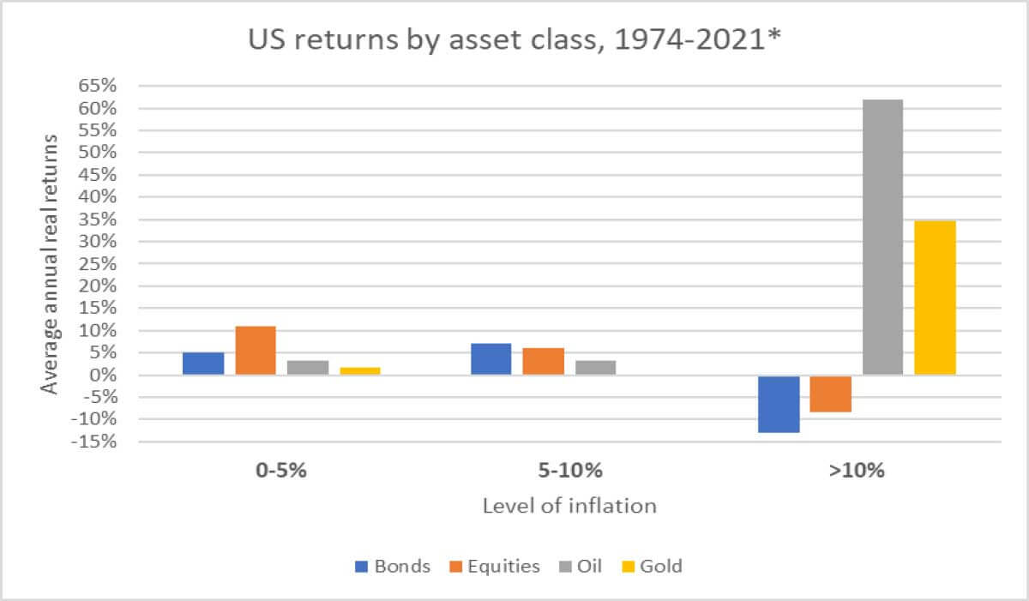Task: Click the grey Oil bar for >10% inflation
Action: pyautogui.click(x=882, y=237)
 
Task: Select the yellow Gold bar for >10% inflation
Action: pyautogui.click(x=935, y=297)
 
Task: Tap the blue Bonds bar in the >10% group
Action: pyautogui.click(x=779, y=404)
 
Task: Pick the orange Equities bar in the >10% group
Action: pyautogui.click(x=830, y=394)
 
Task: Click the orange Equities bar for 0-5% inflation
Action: pyautogui.click(x=256, y=351)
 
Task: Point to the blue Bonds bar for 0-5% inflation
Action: pyautogui.click(x=203, y=364)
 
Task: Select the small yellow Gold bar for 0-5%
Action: pyautogui.click(x=360, y=370)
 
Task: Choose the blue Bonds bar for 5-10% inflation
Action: pyautogui.click(x=491, y=359)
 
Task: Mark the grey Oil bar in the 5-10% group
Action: pyautogui.click(x=595, y=367)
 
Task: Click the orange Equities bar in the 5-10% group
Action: pyautogui.click(x=544, y=361)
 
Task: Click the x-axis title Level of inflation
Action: pyautogui.click(x=569, y=506)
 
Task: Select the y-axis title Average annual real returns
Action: pyautogui.click(x=51, y=263)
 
